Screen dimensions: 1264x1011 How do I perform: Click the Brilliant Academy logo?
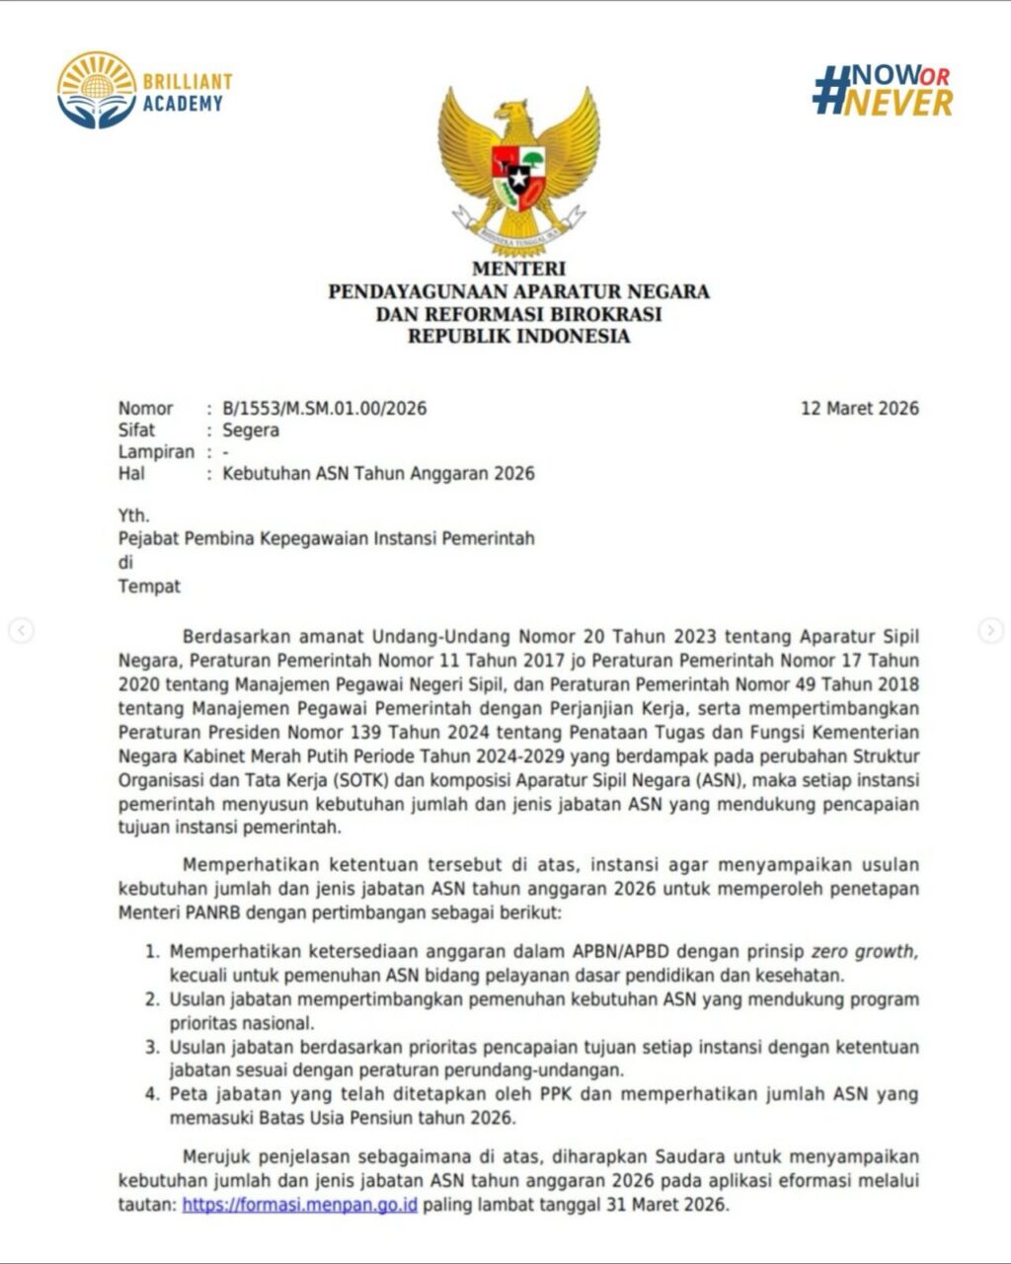point(144,91)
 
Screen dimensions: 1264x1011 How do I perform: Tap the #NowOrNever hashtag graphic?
point(882,91)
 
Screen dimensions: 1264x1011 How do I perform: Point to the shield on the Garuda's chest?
point(518,176)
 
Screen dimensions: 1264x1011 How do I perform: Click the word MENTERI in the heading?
point(518,269)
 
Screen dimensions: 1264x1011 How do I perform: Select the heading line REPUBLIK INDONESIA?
point(518,337)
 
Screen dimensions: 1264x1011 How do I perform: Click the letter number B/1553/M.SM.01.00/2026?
point(325,409)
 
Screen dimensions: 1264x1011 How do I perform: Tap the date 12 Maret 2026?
point(859,409)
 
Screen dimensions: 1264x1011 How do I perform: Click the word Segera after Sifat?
point(251,431)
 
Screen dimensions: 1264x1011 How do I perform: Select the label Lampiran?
point(156,452)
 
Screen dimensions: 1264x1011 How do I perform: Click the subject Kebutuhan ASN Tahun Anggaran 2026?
point(378,474)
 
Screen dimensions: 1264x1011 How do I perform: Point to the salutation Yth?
point(133,515)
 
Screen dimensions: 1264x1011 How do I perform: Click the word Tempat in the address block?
point(149,587)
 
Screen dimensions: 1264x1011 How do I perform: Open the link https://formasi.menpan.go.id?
point(299,1206)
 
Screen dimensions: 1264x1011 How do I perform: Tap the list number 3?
point(152,1047)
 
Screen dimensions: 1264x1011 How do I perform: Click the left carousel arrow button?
point(21,630)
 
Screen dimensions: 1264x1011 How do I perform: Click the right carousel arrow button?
point(990,630)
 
